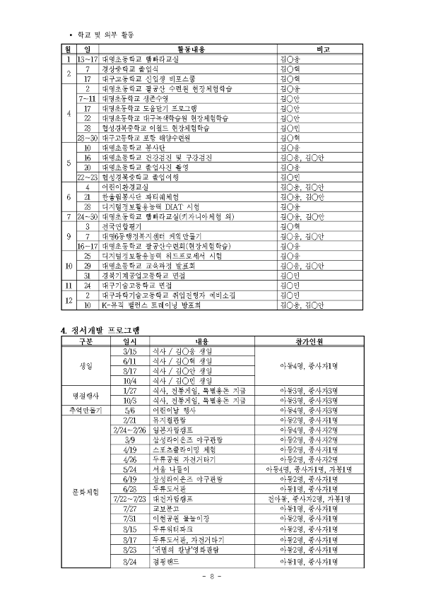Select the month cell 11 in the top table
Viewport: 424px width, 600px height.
pos(65,285)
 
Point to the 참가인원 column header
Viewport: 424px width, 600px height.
pos(307,341)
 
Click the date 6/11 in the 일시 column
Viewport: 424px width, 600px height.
pos(129,360)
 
